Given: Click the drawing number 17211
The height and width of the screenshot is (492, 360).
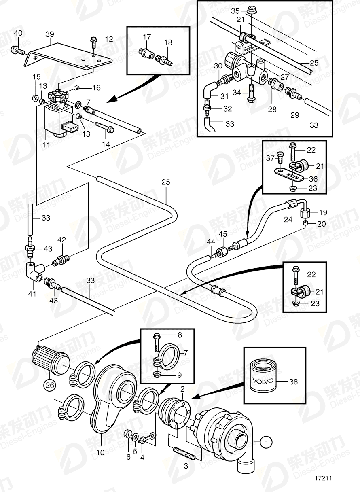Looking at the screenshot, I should [x=323, y=478].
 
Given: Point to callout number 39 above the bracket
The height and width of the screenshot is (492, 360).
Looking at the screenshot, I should [x=49, y=35].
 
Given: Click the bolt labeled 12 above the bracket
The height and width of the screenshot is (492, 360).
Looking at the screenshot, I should [x=93, y=41].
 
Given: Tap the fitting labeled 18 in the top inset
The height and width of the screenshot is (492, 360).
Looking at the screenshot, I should [x=164, y=60].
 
